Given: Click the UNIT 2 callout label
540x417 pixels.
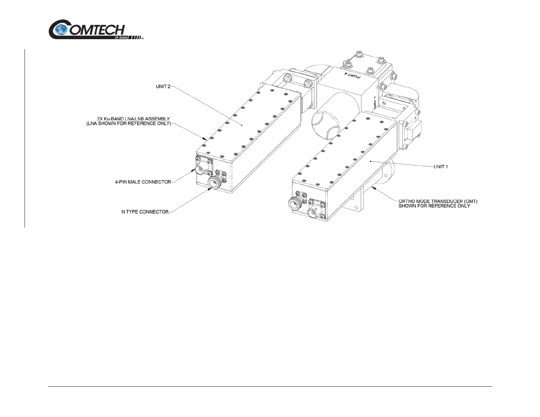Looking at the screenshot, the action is coord(163,87).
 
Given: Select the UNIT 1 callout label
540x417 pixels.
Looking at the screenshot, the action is coord(440,167).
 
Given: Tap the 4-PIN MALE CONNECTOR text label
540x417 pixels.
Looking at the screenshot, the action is coord(143,182).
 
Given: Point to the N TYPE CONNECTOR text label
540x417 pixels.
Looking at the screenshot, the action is coord(145,212).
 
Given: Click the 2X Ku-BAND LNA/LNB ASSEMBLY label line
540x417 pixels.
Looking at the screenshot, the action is coord(133,119).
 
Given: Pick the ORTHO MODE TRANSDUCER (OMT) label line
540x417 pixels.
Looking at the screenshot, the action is coord(438,201).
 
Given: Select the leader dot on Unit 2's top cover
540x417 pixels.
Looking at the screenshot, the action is coord(242,125).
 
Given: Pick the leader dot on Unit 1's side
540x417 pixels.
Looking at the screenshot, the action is coord(370,161).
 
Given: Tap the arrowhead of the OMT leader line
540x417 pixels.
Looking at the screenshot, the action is coord(373,187).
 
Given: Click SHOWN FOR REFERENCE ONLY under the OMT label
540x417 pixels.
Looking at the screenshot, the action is coord(434,206).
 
